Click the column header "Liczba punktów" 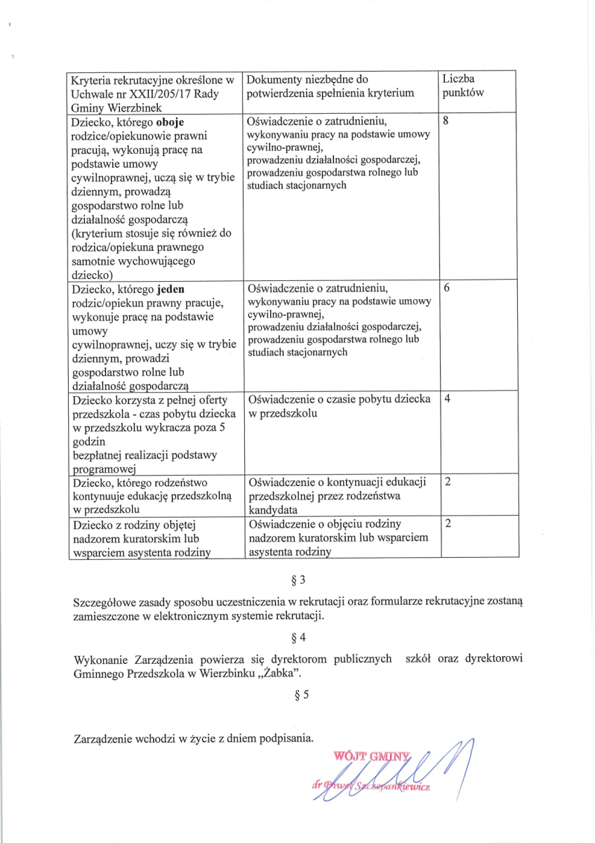[463, 85]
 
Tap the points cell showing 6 [446, 288]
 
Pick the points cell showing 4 [447, 399]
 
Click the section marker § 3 [298, 580]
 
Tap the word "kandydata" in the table [273, 509]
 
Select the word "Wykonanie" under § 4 [98, 659]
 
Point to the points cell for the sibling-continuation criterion [447, 482]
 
